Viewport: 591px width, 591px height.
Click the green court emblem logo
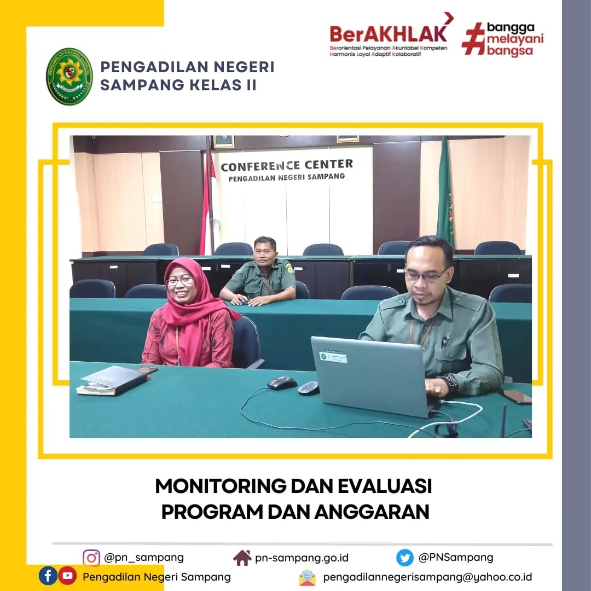point(69,76)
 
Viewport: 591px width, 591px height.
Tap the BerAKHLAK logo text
point(388,34)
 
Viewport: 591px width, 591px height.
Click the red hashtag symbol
point(473,39)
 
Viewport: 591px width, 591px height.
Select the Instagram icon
point(91,558)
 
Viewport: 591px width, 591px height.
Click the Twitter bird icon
point(405,558)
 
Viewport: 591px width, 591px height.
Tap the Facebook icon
point(48,576)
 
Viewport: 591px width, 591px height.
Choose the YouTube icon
point(67,576)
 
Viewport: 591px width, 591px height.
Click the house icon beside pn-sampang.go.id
point(242,558)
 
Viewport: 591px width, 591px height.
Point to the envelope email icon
point(308,577)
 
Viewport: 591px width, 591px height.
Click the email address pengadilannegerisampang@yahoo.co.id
point(427,577)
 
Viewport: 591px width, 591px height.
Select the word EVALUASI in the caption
point(385,486)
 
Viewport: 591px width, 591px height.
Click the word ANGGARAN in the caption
point(372,512)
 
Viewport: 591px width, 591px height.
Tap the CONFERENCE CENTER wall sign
point(287,170)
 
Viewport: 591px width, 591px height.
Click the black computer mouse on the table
point(282,383)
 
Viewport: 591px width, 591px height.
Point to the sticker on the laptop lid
point(333,357)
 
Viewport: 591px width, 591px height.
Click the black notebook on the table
point(115,380)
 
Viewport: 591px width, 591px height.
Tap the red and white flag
point(210,204)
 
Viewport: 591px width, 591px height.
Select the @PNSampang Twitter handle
point(456,558)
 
